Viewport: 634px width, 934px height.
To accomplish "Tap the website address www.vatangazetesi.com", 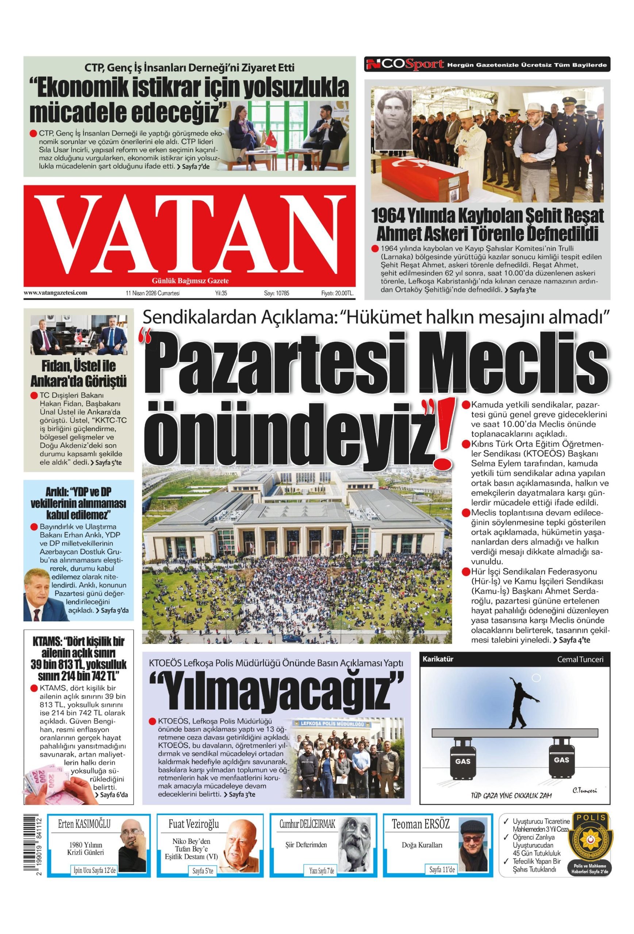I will click(x=55, y=293).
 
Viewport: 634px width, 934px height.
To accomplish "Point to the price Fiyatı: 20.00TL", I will click(x=337, y=293).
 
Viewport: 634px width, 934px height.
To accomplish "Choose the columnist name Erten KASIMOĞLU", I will click(x=84, y=825).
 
